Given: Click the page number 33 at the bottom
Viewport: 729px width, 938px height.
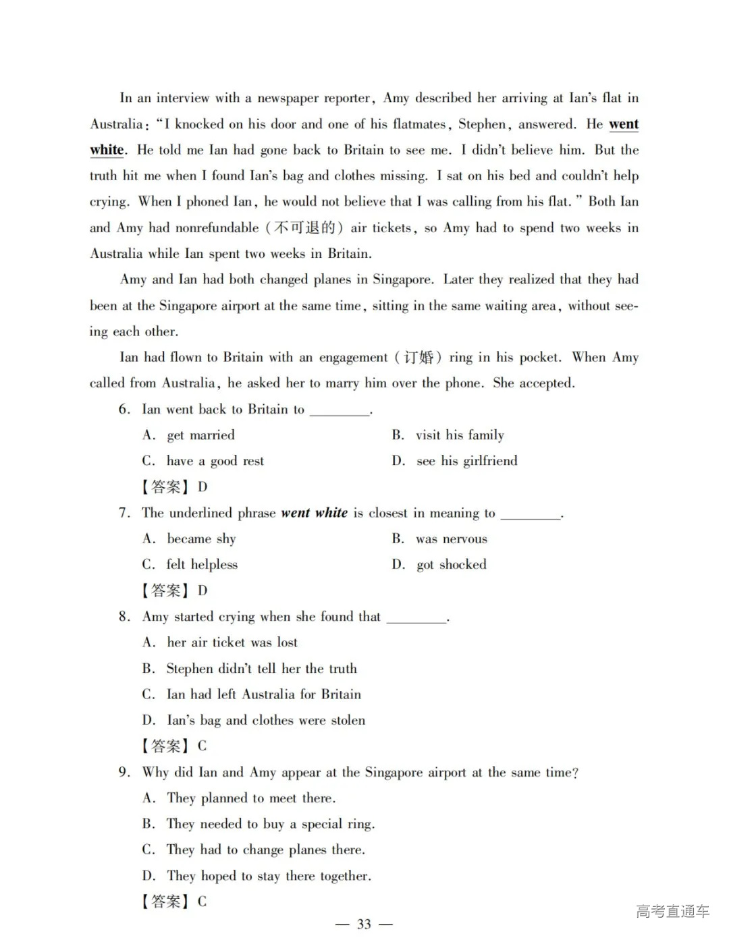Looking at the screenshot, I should coord(364,924).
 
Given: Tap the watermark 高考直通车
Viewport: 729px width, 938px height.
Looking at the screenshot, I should coord(672,911).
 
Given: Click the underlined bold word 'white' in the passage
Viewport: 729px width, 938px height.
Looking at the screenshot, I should coord(107,150).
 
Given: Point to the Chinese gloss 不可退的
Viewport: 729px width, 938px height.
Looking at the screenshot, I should coord(304,227).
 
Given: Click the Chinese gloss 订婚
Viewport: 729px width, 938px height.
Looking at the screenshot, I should coord(418,357).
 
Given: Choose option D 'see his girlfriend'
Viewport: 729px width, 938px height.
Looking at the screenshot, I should coord(466,461).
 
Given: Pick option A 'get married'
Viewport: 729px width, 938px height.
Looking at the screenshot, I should coord(200,435).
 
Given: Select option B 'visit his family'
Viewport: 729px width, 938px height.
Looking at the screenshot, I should coord(460,435).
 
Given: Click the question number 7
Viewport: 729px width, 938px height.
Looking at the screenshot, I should coord(124,513).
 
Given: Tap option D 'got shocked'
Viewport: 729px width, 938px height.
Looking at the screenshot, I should coord(451,565).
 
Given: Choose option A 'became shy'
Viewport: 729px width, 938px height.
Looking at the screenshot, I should coord(201,539).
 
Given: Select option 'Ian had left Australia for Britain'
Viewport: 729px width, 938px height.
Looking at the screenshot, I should coord(263,694).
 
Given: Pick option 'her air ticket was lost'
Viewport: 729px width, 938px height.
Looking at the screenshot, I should coord(232,642).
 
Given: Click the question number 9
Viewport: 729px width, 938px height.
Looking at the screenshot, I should coord(124,772).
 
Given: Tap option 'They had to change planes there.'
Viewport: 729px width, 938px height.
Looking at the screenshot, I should coord(265,850).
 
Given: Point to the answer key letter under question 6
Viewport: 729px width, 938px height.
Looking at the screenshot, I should coord(202,487).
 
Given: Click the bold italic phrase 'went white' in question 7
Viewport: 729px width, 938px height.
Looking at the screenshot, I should coord(314,513).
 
